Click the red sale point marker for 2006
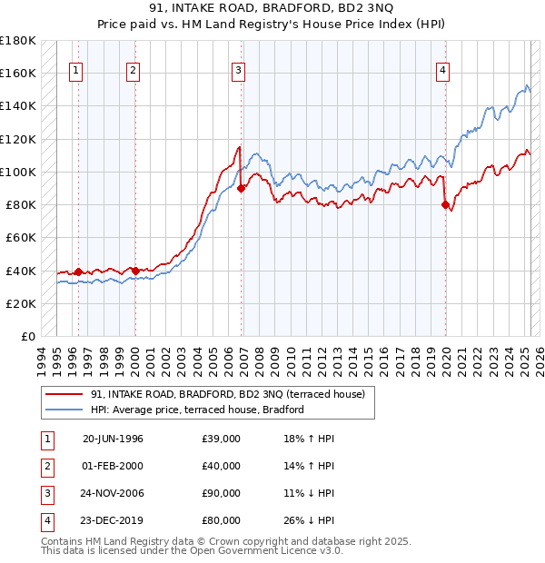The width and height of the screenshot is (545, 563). pos(242,189)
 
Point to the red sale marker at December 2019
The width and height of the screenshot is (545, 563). pos(446,205)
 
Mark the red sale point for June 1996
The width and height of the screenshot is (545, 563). pos(78,272)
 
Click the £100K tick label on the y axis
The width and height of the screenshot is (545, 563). pos(18,172)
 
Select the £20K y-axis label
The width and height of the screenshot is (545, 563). pos(21,303)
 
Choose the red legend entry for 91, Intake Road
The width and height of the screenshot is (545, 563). pos(227,394)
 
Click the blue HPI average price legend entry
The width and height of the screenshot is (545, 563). pos(196,410)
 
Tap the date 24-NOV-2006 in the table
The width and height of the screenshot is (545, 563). pos(113,492)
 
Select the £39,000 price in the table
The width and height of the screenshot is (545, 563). pos(222,439)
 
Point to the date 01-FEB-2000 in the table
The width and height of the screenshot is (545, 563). pos(113,466)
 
